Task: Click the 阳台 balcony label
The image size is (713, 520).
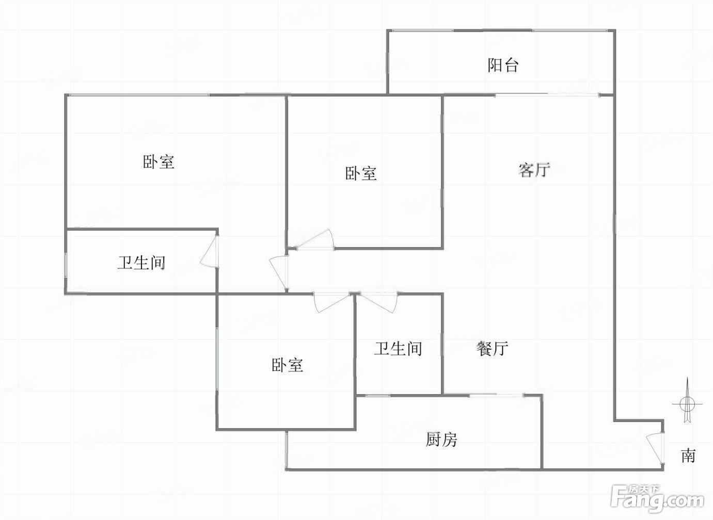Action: click(x=503, y=65)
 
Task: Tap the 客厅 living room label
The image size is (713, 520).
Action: click(x=534, y=170)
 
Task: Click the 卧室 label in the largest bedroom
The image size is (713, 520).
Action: click(x=158, y=161)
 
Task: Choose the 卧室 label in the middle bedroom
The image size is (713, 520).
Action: click(x=361, y=173)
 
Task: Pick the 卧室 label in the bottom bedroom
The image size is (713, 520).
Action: click(x=287, y=365)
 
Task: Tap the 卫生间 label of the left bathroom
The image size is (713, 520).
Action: click(x=141, y=263)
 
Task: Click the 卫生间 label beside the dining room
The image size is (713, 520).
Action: click(x=398, y=349)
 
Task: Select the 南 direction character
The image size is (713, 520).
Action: click(x=688, y=456)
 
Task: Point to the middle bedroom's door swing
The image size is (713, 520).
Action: click(x=314, y=239)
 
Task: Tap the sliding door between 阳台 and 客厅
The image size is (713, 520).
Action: click(x=547, y=95)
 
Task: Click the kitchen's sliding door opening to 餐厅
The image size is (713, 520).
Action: click(x=496, y=395)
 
